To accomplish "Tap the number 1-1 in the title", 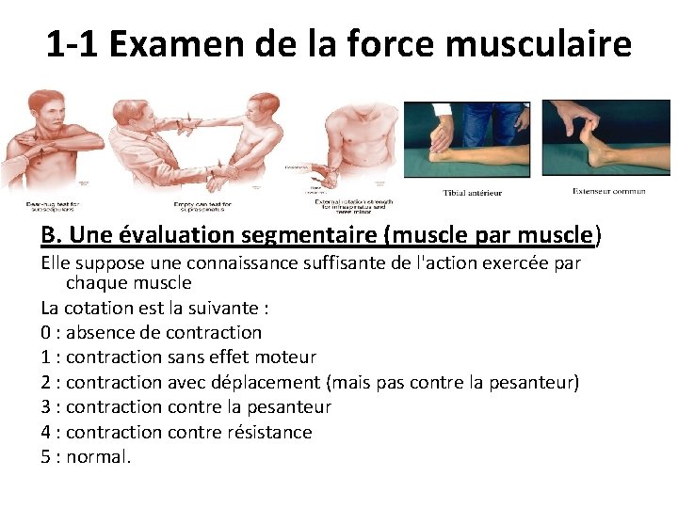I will coord(73,43).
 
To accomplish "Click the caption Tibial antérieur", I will coord(473,193).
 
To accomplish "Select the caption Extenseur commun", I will coord(609,191).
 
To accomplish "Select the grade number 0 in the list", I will coord(46,332).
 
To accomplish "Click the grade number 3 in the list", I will coord(46,406).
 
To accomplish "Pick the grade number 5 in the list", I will coord(46,457).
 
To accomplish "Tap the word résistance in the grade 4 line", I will coord(268,432).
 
